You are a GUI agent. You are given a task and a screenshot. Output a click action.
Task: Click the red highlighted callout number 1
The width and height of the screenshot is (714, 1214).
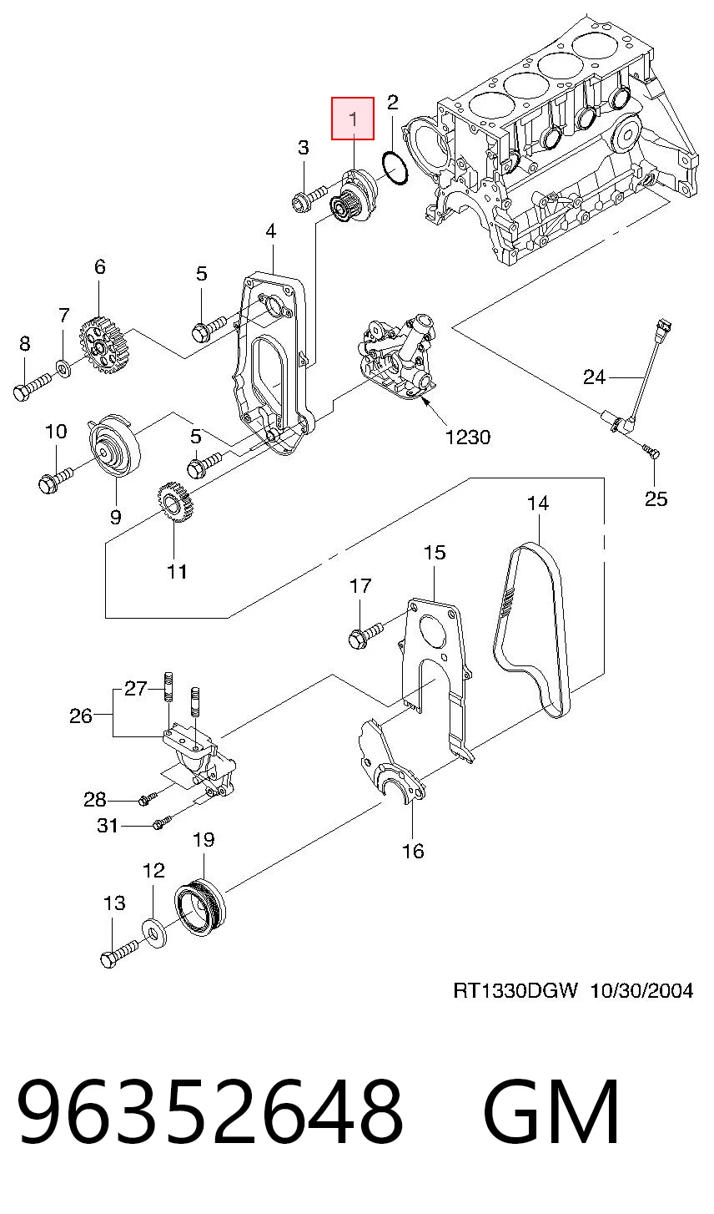click(x=353, y=119)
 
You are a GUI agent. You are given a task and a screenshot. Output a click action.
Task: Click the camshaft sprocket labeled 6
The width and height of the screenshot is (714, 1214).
click(x=105, y=346)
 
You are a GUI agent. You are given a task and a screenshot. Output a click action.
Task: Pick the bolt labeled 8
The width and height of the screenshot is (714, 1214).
click(x=32, y=386)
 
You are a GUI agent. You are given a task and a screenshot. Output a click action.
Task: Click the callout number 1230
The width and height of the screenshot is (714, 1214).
click(x=468, y=437)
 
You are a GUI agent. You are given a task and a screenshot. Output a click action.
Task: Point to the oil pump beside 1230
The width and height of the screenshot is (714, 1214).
click(x=399, y=357)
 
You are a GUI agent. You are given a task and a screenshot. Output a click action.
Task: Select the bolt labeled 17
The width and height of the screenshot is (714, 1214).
click(x=365, y=634)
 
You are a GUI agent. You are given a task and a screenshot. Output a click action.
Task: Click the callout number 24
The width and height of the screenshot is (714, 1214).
click(x=594, y=377)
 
